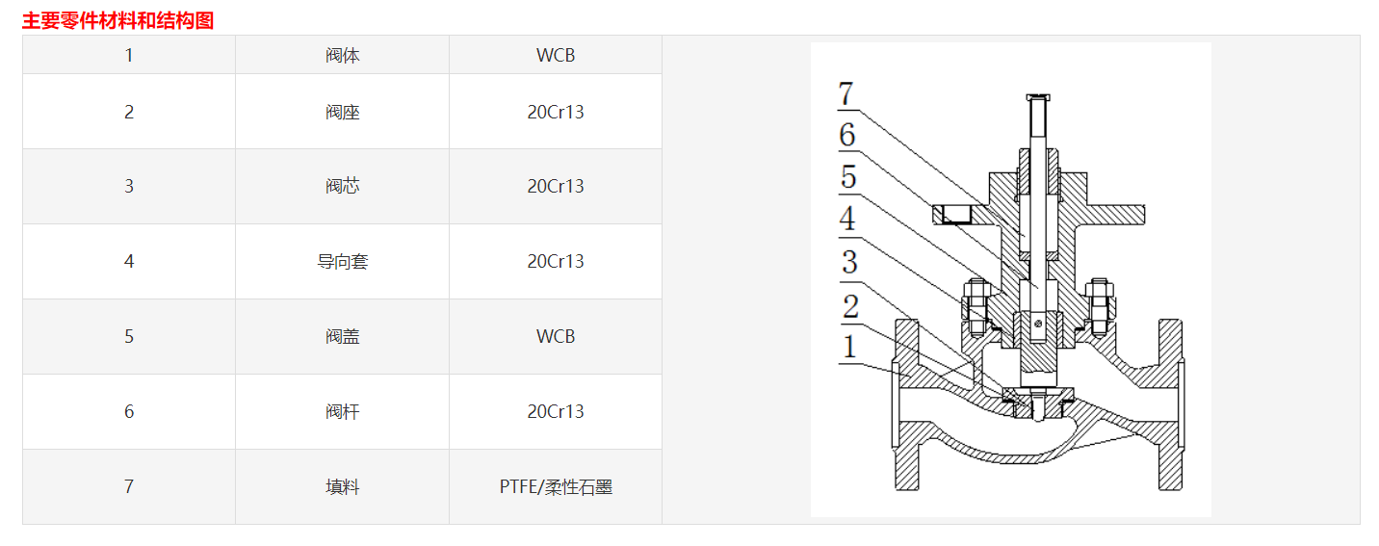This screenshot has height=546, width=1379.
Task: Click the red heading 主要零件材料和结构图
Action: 117,20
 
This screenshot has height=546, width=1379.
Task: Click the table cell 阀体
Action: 342,56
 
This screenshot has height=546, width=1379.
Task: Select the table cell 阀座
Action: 342,112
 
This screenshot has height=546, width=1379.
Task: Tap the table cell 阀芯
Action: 342,186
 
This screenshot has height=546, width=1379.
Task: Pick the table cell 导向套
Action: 342,261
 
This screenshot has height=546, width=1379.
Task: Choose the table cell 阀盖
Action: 342,336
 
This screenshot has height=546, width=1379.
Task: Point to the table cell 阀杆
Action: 342,411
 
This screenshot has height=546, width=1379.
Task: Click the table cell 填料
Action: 342,486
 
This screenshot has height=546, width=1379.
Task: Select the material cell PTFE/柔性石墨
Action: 556,486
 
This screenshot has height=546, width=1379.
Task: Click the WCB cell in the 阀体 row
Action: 556,56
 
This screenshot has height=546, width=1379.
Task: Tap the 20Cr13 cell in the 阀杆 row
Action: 556,411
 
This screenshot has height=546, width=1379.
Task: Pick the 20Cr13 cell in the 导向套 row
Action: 556,261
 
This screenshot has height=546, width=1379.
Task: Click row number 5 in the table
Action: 129,336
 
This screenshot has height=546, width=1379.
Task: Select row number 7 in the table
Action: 129,486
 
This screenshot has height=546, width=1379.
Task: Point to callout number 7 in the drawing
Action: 846,94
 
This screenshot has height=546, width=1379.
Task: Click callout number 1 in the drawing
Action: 848,347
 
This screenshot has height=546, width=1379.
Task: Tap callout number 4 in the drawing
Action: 847,220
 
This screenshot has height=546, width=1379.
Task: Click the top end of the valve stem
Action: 1036,98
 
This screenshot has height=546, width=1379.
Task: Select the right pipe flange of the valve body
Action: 1170,404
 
